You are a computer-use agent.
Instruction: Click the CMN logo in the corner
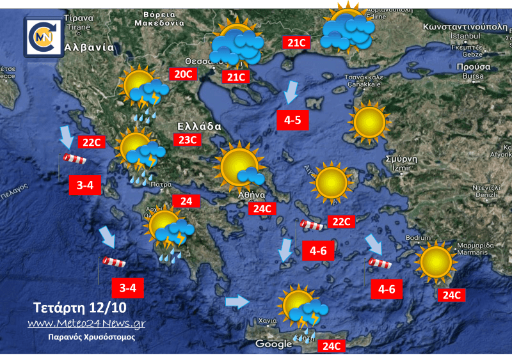(x=43, y=37)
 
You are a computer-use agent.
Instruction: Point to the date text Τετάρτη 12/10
(x=80, y=306)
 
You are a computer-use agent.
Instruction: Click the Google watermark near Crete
(x=273, y=344)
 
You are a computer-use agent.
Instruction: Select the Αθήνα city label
(x=252, y=195)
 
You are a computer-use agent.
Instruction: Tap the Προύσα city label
(x=474, y=67)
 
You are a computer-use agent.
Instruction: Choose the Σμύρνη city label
(x=401, y=159)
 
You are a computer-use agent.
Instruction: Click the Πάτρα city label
(x=160, y=184)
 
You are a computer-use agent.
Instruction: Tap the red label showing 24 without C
(x=186, y=201)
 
